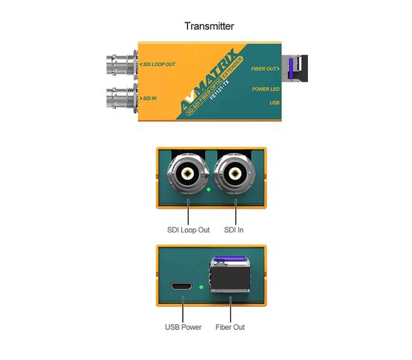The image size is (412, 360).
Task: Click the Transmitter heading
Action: tap(209, 26)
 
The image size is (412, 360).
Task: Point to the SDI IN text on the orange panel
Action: tap(150, 98)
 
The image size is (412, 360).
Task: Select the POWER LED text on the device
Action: tap(266, 89)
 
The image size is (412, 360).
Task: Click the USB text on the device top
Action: tap(275, 103)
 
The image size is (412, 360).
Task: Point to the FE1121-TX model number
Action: tap(219, 90)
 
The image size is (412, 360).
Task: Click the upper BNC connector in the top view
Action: tap(122, 64)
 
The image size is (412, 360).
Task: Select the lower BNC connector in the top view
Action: tap(122, 98)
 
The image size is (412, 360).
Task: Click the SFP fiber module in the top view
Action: tap(294, 68)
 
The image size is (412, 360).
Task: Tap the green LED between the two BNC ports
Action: tap(209, 190)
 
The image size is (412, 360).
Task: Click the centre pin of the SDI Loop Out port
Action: tap(188, 174)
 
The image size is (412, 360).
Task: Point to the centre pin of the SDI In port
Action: tap(235, 174)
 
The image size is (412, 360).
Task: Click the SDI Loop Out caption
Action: tap(188, 230)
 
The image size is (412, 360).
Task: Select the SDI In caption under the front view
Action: tap(234, 230)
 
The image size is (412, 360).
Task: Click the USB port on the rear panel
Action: tap(181, 286)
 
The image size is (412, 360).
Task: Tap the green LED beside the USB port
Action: tap(202, 287)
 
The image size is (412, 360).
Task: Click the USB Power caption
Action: tap(183, 327)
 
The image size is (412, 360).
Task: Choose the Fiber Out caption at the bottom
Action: tap(230, 327)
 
